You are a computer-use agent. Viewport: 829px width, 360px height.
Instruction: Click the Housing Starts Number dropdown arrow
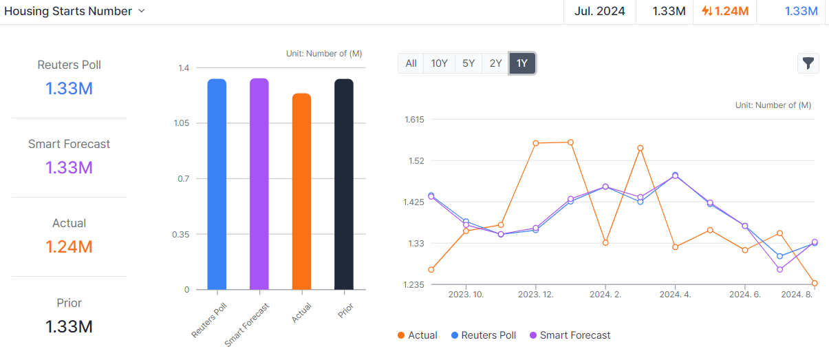point(142,11)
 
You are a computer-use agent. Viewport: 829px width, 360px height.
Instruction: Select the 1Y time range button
point(522,63)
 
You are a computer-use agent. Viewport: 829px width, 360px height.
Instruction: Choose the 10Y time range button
point(440,63)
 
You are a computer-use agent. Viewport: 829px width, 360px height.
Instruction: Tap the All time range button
point(411,63)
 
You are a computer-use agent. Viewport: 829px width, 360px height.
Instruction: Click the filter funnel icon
point(808,63)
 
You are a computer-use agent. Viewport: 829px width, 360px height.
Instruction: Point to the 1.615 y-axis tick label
point(415,119)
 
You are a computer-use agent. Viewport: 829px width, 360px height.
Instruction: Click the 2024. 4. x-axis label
point(676,294)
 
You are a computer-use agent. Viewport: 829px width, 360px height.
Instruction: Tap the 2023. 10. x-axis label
point(466,294)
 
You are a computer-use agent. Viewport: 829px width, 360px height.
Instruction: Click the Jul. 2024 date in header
point(600,11)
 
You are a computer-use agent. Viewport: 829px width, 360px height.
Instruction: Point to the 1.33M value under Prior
point(69,326)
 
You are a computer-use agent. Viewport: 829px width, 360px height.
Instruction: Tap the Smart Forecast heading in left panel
point(69,144)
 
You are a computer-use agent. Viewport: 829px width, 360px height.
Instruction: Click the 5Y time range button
point(469,63)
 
